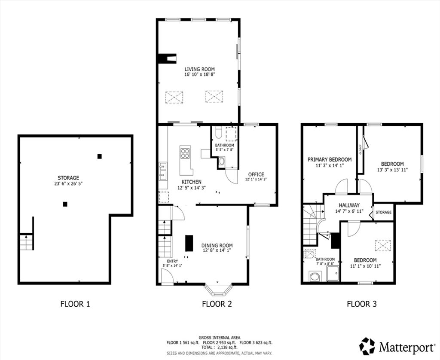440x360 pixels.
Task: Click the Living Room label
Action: click(x=199, y=69)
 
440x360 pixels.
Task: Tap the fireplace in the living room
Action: click(x=168, y=58)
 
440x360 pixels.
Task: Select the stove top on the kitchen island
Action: click(x=185, y=153)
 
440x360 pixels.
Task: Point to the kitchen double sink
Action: click(x=162, y=171)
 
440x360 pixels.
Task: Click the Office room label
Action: click(x=256, y=174)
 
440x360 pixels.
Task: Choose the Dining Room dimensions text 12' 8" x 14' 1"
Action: click(x=217, y=250)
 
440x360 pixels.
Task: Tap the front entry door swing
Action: click(x=168, y=276)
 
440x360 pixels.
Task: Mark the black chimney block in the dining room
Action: click(x=189, y=243)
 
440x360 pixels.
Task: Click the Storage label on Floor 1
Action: click(x=68, y=178)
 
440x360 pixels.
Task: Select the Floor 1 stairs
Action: click(x=27, y=242)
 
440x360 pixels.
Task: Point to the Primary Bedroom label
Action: click(x=330, y=160)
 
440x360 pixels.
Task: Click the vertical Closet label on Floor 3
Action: click(x=361, y=149)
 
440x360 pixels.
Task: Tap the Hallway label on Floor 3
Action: click(x=349, y=205)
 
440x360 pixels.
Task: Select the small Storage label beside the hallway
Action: click(x=383, y=212)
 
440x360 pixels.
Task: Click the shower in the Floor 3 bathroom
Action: click(x=333, y=273)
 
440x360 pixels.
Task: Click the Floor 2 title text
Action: click(x=217, y=304)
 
